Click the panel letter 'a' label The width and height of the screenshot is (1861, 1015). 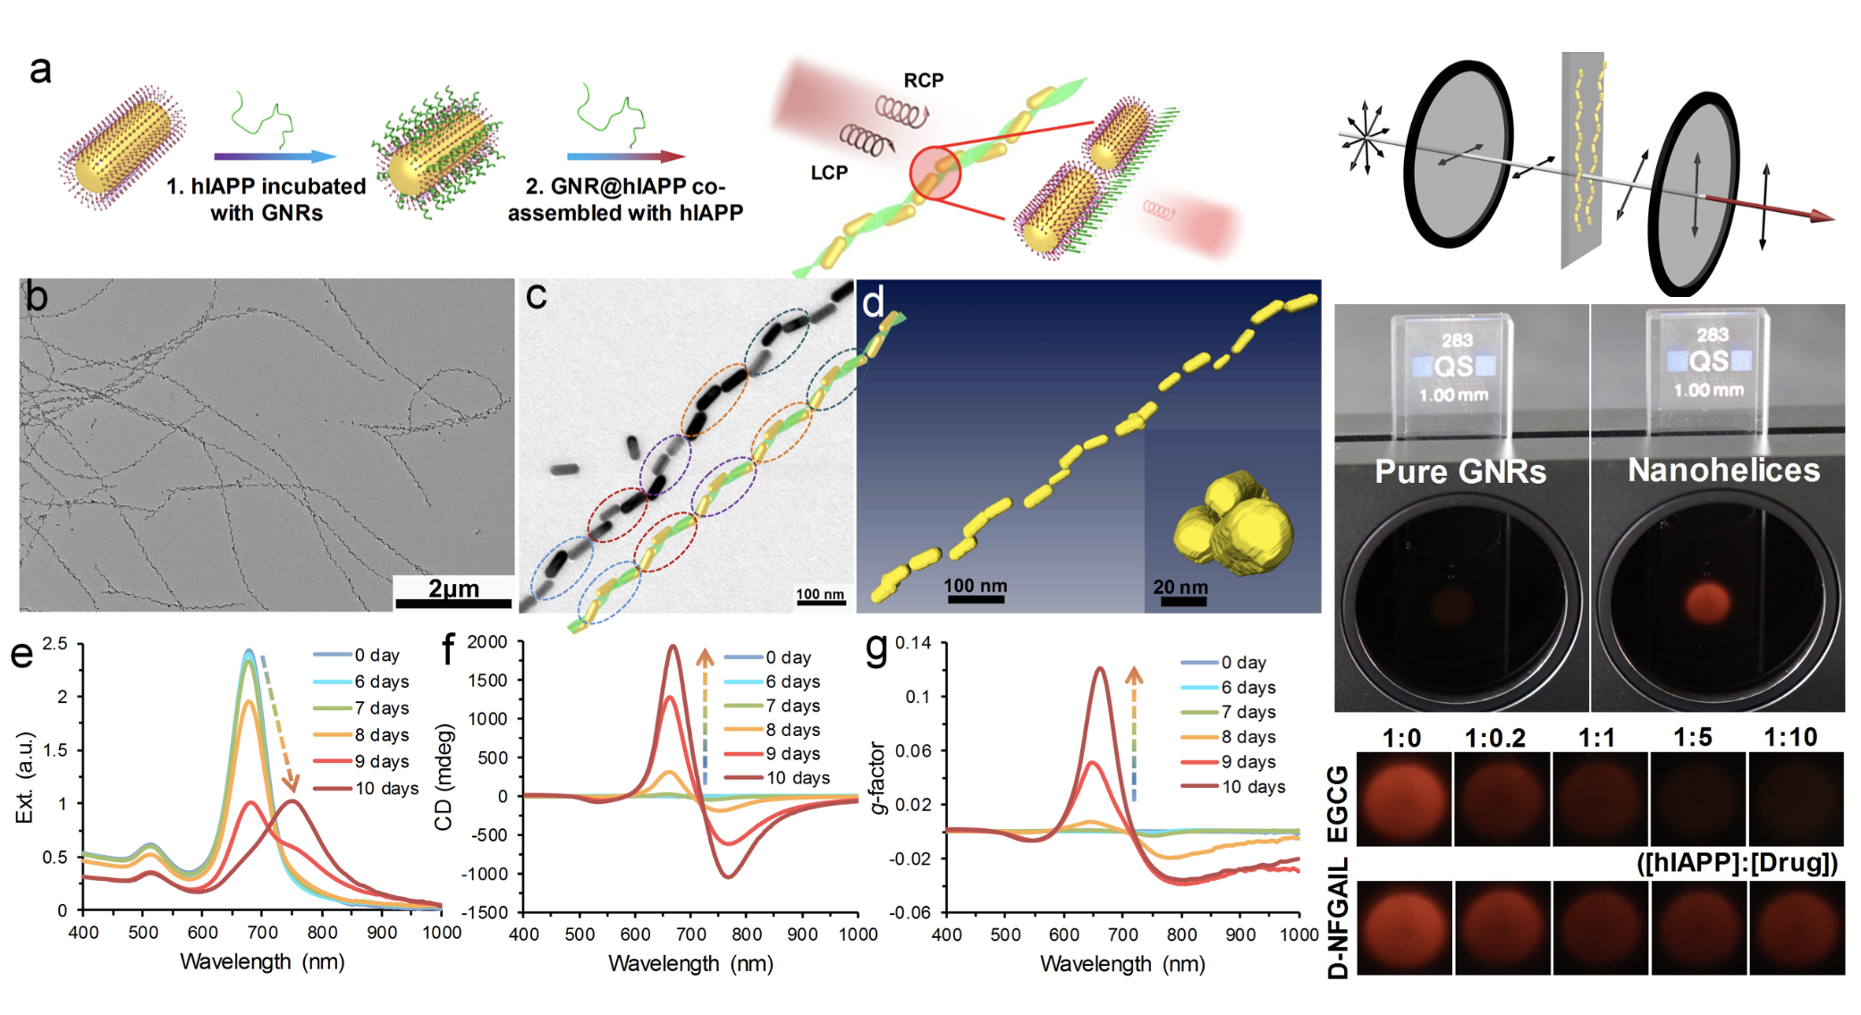click(x=40, y=70)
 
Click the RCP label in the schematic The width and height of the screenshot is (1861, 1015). click(x=923, y=80)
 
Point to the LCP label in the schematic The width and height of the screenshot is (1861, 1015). click(x=829, y=173)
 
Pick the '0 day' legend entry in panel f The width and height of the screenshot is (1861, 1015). click(x=788, y=657)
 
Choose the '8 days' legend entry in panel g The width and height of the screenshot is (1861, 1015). click(x=1248, y=737)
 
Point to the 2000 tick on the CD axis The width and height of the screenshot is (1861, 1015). click(x=486, y=642)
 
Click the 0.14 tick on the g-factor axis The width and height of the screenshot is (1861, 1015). click(x=913, y=643)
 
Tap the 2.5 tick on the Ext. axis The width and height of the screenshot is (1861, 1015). click(x=55, y=644)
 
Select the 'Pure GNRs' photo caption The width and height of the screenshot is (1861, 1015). click(x=1459, y=471)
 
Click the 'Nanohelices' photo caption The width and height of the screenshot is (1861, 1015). click(x=1723, y=469)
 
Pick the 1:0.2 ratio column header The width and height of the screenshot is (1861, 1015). click(x=1495, y=738)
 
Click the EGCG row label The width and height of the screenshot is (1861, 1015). click(x=1338, y=802)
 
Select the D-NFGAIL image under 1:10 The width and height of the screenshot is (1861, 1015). click(x=1796, y=927)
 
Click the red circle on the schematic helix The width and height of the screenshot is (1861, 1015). click(x=935, y=173)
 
